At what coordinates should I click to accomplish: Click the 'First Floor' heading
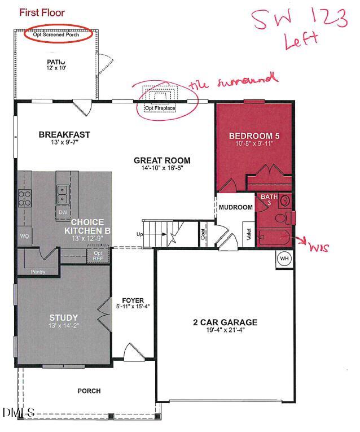click(42, 12)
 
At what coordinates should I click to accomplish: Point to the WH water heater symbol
click(284, 259)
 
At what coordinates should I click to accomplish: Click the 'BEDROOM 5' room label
click(254, 136)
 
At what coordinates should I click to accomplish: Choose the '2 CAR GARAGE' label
click(225, 322)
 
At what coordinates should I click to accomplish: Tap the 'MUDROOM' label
click(235, 207)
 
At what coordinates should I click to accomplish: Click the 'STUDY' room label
click(63, 317)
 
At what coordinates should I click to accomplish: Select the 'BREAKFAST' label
click(64, 134)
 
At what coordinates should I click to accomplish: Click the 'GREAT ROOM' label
click(162, 160)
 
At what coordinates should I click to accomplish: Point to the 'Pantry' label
click(38, 271)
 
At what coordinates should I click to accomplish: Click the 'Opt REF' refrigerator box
click(98, 256)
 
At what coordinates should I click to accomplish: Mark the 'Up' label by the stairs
click(141, 233)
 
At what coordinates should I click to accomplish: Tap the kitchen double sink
click(62, 194)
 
